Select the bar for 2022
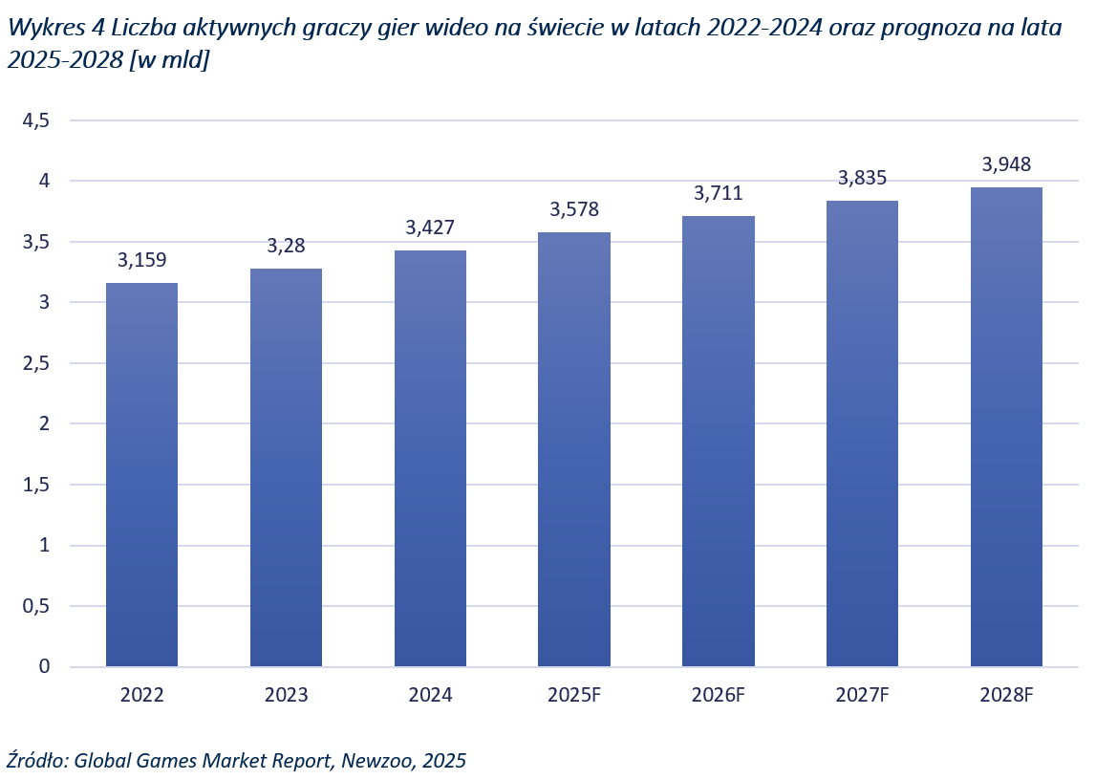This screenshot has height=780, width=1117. [141, 474]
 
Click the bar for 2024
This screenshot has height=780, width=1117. [430, 458]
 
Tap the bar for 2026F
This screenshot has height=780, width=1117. [718, 441]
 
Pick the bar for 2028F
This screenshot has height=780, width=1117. [1006, 426]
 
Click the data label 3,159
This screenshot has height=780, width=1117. [141, 259]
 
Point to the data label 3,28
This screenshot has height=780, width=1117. [286, 245]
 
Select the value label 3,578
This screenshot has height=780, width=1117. [574, 209]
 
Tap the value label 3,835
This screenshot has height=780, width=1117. [862, 178]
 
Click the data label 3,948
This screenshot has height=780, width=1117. [1006, 164]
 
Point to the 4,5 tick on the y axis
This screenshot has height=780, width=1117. [35, 120]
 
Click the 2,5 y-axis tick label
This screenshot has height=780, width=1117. [35, 363]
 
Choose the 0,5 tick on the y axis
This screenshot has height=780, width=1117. [35, 606]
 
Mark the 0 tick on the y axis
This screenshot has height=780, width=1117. [42, 666]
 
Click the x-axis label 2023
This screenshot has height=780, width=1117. [286, 695]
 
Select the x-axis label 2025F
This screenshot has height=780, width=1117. [574, 695]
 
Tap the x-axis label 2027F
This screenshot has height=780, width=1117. [862, 695]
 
